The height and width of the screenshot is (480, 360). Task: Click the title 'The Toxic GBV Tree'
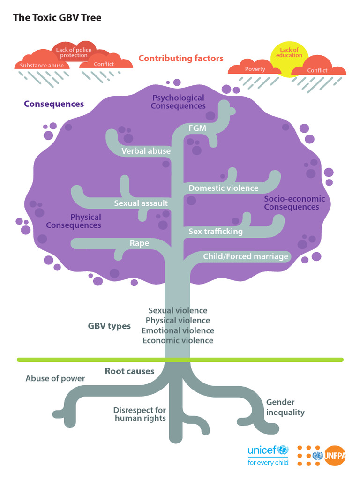tap(57, 18)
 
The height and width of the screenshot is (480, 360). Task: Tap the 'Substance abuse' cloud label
tap(42, 66)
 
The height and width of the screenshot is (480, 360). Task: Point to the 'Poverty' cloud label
tap(255, 69)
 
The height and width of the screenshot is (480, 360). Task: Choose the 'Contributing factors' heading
tap(181, 59)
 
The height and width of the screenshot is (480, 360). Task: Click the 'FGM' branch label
tap(197, 128)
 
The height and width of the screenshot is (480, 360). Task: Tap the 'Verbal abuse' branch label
tap(146, 151)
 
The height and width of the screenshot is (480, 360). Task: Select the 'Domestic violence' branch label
tap(223, 188)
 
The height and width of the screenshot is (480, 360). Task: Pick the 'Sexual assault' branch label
tap(141, 203)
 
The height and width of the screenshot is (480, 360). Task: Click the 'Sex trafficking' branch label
tap(216, 231)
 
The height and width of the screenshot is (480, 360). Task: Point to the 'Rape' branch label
tap(139, 243)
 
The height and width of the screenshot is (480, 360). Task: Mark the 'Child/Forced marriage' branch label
tap(245, 256)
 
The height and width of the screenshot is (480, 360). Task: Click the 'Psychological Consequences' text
tap(178, 102)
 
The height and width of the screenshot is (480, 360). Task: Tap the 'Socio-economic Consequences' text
tap(294, 203)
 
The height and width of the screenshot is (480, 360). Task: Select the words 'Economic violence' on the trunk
tap(178, 340)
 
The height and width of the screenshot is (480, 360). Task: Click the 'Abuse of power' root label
tap(55, 378)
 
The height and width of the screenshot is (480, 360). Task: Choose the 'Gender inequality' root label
tap(285, 407)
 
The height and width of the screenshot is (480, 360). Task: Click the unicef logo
tap(268, 454)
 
